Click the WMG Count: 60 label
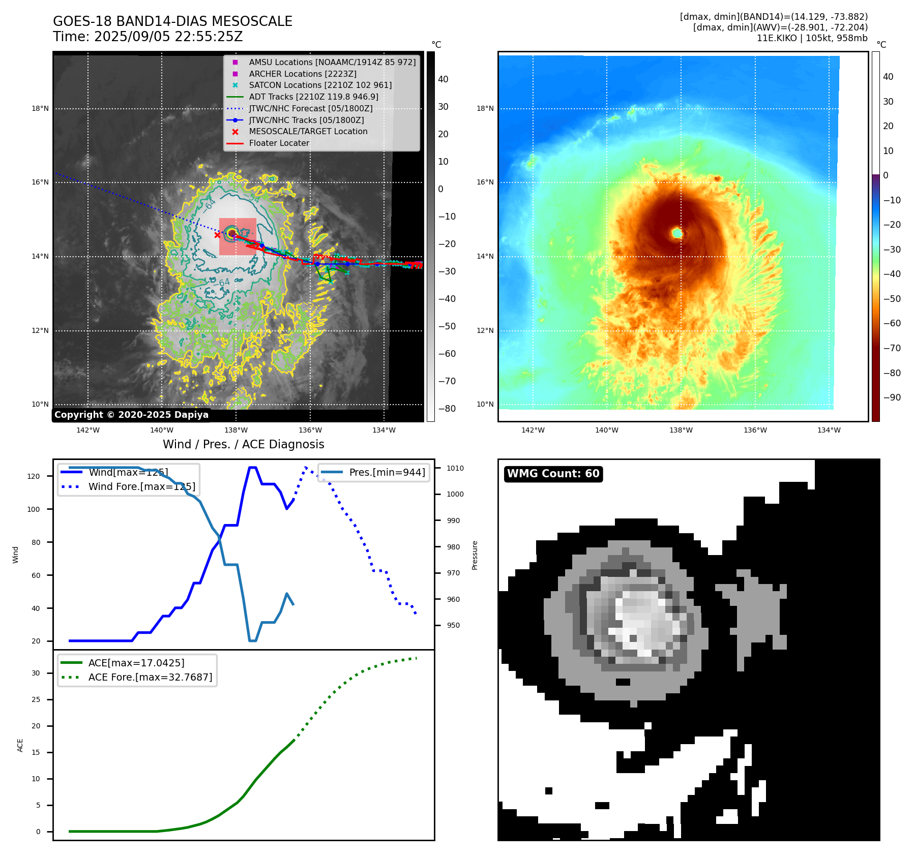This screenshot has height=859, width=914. [x=553, y=474]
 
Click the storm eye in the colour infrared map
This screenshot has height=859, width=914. [x=676, y=233]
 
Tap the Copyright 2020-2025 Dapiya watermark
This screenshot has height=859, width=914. [x=131, y=415]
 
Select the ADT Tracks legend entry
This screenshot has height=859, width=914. [x=313, y=97]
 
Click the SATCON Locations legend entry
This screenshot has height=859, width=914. [x=320, y=85]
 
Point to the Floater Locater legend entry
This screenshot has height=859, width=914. [x=279, y=143]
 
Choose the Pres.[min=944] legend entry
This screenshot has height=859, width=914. [x=387, y=472]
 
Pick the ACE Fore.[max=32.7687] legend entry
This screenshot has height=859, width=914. [x=150, y=677]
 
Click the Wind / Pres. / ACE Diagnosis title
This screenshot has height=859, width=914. [x=243, y=444]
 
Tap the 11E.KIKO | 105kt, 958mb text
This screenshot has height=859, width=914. [x=812, y=38]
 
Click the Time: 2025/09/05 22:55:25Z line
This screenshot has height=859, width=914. [x=148, y=37]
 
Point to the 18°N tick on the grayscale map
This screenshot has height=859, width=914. [x=40, y=108]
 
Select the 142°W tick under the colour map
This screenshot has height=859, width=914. [x=533, y=430]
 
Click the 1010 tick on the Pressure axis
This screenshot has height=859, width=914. [x=455, y=468]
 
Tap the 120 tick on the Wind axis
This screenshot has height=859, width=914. [x=34, y=476]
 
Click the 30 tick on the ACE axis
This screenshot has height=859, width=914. [x=36, y=673]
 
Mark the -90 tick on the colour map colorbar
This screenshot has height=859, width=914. [x=892, y=397]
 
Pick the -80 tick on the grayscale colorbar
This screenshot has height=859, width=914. [x=447, y=408]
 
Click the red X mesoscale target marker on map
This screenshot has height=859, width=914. [x=217, y=235]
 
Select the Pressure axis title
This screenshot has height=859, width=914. [x=475, y=555]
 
